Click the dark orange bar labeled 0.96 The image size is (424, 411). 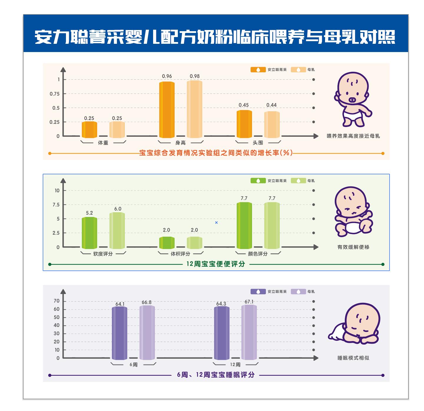coord(167,110)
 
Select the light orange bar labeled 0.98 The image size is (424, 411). coord(194,109)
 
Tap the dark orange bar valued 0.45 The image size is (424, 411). coord(244,124)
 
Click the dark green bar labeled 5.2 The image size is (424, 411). coord(89,233)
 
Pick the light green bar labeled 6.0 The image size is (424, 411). coord(117,230)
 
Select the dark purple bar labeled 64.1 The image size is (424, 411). coord(120,333)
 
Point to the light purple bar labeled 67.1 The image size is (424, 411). coord(249,332)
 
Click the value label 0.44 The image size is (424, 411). coord(271,105)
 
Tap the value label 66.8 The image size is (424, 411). coord(147,302)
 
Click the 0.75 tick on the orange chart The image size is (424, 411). coord(54,94)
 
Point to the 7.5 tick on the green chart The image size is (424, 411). coord(56,205)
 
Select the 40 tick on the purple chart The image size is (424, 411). coord(56,325)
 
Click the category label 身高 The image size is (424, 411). coord(180,143)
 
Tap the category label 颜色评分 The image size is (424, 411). coord(258,254)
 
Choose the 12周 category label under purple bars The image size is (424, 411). coord(235,365)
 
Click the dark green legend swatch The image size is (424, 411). coord(258,181)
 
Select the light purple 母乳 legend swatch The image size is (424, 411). coord(298,291)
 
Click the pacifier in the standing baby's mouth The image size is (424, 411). coord(352,100)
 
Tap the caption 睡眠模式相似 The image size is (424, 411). coord(353,358)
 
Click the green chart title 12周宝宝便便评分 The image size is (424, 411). coord(216,264)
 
